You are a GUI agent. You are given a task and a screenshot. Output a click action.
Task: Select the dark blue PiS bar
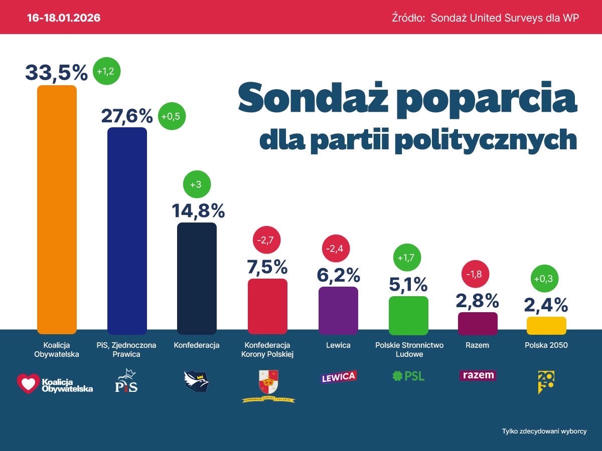[x=127, y=231]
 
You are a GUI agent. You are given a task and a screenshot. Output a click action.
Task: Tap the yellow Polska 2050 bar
[x=546, y=326]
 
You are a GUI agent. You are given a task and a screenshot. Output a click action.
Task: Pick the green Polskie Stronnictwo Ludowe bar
[x=408, y=315]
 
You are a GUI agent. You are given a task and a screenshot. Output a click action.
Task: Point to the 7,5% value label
[x=267, y=267]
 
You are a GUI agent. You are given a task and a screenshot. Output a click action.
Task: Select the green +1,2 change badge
[x=105, y=72]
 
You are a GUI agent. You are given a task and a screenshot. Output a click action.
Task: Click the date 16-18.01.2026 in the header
[x=64, y=18]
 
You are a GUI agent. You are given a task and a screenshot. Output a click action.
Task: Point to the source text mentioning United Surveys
[x=485, y=18]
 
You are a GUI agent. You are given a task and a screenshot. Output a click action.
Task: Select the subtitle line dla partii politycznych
[x=417, y=140]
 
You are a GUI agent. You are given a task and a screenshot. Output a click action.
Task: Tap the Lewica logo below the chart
[x=338, y=377]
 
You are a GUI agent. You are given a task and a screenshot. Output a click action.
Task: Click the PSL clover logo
[x=398, y=376]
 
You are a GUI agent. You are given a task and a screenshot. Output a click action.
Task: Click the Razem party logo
[x=478, y=375]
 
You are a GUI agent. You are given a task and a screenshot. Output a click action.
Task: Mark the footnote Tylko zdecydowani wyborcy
[x=544, y=431]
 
